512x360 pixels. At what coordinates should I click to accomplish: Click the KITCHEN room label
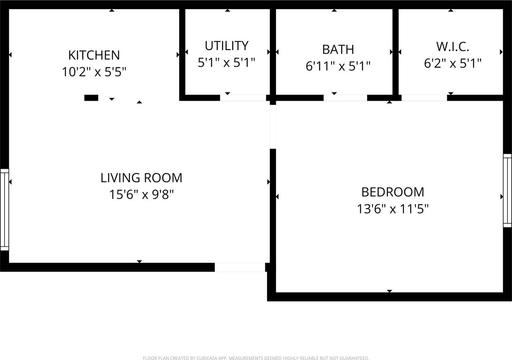point(94,55)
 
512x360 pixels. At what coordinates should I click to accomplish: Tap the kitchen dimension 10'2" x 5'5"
point(94,72)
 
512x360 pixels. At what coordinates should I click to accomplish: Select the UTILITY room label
point(226,46)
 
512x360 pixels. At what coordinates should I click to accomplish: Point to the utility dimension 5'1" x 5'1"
point(226,63)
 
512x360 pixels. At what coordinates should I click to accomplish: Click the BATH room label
point(338,49)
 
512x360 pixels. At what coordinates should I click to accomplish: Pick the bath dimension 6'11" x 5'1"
point(338,66)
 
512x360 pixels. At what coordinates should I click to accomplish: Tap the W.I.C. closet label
point(452,46)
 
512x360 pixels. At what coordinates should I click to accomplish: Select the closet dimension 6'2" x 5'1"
point(452,63)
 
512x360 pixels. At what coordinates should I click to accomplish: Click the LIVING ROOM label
point(141,178)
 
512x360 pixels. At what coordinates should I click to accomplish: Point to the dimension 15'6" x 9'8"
point(141,195)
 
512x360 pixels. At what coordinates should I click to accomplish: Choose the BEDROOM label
point(392,192)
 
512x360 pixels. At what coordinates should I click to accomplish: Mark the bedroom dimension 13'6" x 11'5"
point(392,209)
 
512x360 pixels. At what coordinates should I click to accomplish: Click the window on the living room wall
point(4,209)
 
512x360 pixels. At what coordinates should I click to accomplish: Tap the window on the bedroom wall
point(507,190)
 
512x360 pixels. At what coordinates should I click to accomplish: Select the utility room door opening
point(243,98)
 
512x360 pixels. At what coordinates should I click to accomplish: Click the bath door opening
point(345,98)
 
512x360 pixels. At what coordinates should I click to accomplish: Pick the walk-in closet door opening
point(424,98)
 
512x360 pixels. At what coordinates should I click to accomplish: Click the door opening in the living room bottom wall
point(240,267)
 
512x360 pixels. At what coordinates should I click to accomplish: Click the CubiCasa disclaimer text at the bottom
point(256,358)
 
